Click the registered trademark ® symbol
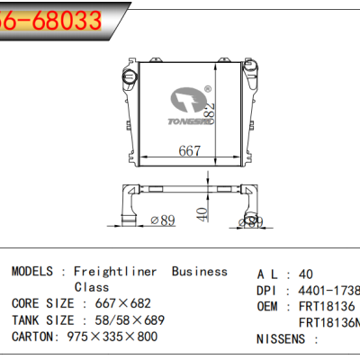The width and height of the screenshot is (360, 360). [208, 89]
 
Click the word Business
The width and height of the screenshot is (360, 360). [199, 271]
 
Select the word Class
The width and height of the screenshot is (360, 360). [92, 287]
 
